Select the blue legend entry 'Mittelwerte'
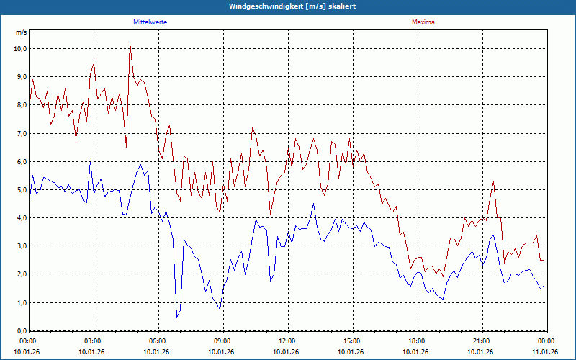(150, 22)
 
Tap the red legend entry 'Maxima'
(423, 22)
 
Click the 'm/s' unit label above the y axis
(22, 32)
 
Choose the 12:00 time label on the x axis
(287, 341)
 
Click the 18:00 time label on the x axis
(417, 341)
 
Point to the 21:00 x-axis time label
(482, 341)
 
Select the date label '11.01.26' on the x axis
(545, 352)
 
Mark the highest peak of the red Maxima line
(130, 43)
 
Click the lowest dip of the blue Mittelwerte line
(177, 317)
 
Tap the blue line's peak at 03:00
(90, 162)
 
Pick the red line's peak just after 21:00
(493, 181)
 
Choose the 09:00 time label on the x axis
(222, 341)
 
